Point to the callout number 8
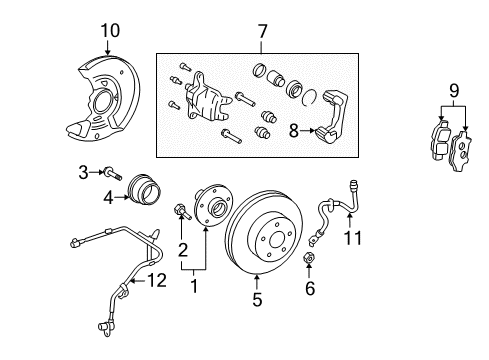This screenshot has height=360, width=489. [292, 128]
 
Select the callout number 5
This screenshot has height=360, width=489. [257, 299]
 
